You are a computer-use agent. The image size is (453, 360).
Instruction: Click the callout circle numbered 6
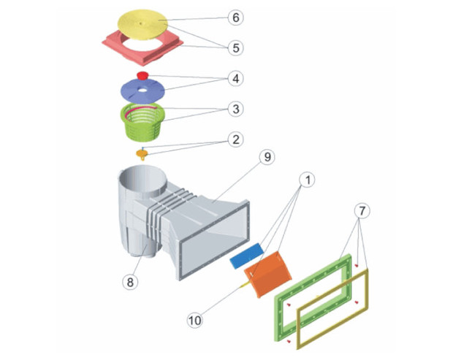(x=235, y=17)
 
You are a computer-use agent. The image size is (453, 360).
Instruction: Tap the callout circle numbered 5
(x=235, y=48)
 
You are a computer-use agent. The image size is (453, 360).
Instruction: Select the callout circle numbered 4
(x=235, y=78)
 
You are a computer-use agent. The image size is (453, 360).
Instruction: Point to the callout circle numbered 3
(x=235, y=110)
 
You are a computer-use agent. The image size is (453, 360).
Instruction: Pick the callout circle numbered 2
(x=235, y=139)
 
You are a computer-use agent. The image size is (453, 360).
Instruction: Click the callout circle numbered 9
(x=267, y=156)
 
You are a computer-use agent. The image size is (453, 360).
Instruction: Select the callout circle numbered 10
(x=194, y=319)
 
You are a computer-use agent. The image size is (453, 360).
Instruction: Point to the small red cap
(x=142, y=75)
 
